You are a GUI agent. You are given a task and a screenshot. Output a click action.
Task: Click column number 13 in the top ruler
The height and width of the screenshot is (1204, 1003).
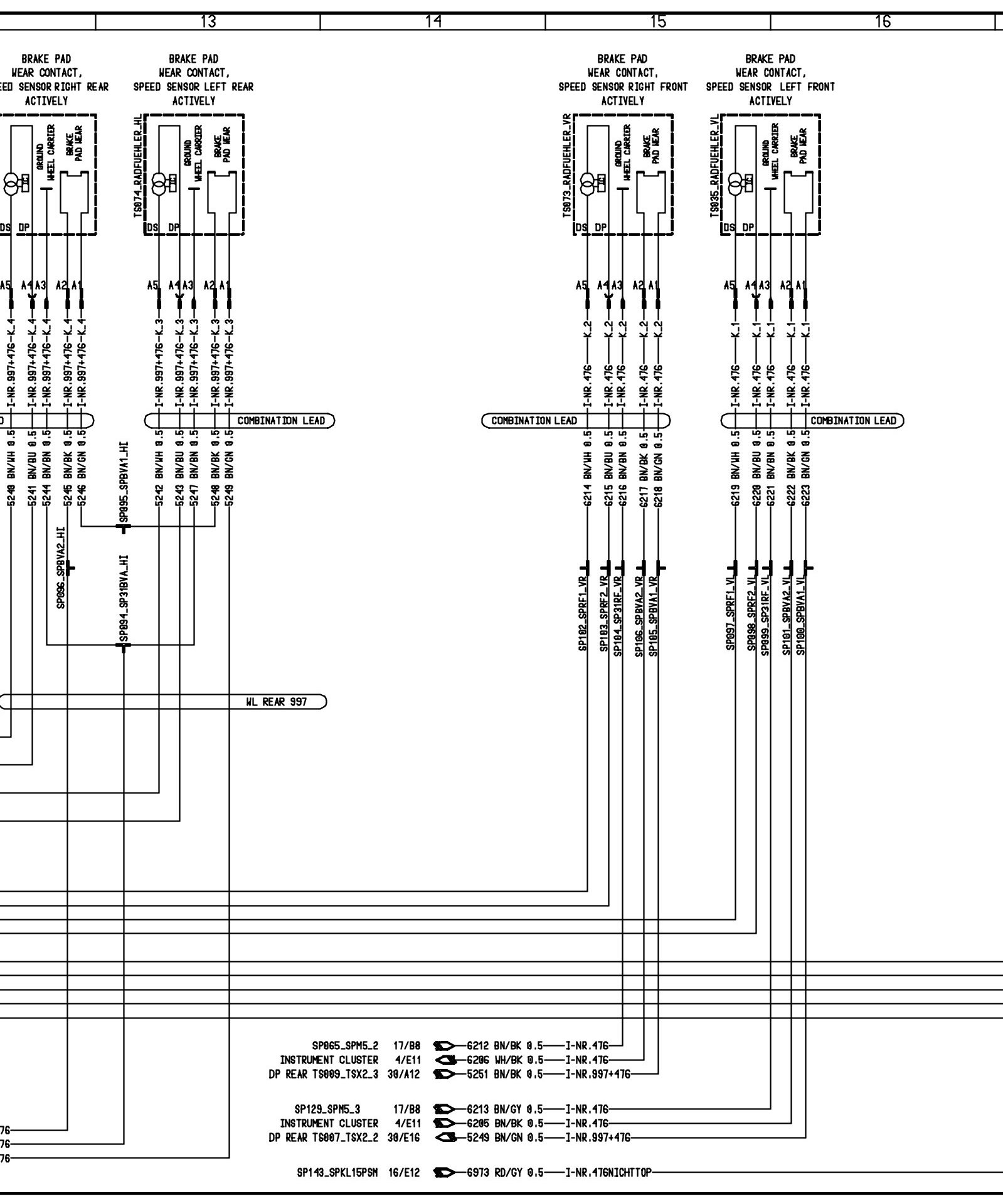coord(208,21)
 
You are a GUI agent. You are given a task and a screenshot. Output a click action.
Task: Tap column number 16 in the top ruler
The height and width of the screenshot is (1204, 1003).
coord(883,21)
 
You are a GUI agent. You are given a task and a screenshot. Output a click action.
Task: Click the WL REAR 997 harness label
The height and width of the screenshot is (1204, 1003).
coord(276,702)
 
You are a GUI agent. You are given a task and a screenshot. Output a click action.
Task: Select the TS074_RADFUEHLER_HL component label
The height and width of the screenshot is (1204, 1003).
coord(138,166)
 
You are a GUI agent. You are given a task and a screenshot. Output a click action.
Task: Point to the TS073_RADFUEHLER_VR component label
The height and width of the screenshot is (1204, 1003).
coord(566,166)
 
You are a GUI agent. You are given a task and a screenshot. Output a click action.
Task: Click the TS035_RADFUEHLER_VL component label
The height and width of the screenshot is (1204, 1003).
coord(714,166)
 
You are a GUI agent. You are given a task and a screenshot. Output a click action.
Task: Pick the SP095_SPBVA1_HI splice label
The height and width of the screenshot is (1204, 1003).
coord(124,482)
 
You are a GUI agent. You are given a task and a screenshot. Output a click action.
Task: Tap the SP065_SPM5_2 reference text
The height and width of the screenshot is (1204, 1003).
coord(345,1046)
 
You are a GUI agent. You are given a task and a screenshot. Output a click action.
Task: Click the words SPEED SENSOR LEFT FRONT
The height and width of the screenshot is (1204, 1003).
coord(770,87)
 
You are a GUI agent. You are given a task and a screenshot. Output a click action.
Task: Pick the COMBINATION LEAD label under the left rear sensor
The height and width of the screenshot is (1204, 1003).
coord(281,420)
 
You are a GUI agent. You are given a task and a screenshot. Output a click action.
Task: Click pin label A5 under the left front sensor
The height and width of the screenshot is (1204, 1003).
coord(729,285)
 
